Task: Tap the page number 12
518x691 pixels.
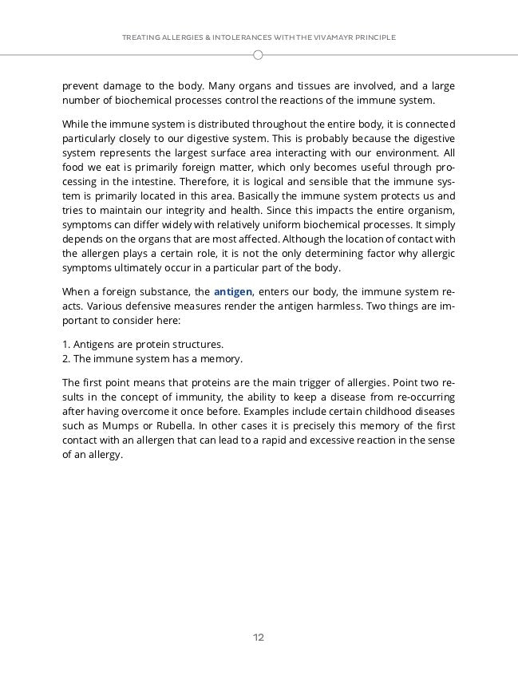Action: pyautogui.click(x=259, y=637)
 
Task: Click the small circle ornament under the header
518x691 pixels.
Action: pyautogui.click(x=259, y=55)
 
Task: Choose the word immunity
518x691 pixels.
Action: pyautogui.click(x=192, y=397)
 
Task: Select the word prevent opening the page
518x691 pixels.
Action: pyautogui.click(x=82, y=85)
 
